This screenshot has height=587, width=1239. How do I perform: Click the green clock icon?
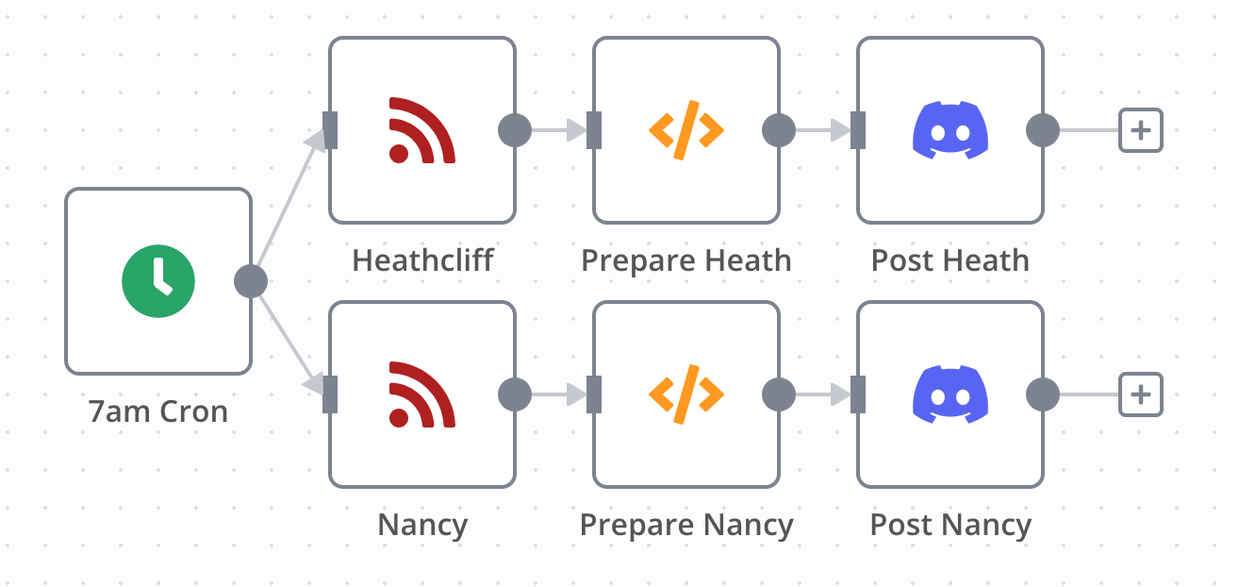click(x=158, y=281)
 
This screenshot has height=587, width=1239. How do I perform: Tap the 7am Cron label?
click(x=158, y=411)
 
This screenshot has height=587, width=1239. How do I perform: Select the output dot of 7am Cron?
click(x=251, y=281)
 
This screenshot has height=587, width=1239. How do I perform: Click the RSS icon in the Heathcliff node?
click(x=422, y=130)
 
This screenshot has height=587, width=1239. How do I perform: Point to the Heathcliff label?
click(x=422, y=260)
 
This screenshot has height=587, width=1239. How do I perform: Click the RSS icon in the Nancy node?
click(x=422, y=394)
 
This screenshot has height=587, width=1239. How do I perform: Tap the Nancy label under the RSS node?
click(x=422, y=525)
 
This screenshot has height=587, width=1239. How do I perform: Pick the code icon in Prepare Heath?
click(x=686, y=130)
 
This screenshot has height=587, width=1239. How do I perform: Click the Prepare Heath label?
click(x=686, y=260)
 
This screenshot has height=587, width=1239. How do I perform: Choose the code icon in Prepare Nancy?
click(x=686, y=394)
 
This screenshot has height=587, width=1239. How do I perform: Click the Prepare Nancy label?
click(x=686, y=525)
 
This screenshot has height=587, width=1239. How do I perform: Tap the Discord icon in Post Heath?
click(x=950, y=130)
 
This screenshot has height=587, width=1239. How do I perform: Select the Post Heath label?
click(x=950, y=260)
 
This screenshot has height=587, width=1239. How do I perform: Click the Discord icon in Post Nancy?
click(x=950, y=394)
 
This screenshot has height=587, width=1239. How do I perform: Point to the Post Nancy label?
click(x=950, y=525)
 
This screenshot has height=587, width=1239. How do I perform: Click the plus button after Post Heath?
click(x=1141, y=130)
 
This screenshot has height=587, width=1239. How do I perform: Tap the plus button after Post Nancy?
click(x=1141, y=394)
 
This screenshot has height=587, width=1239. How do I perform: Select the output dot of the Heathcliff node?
click(x=515, y=130)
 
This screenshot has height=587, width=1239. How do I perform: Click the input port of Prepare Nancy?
click(x=594, y=394)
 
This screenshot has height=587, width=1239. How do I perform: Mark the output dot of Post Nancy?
click(x=1043, y=394)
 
